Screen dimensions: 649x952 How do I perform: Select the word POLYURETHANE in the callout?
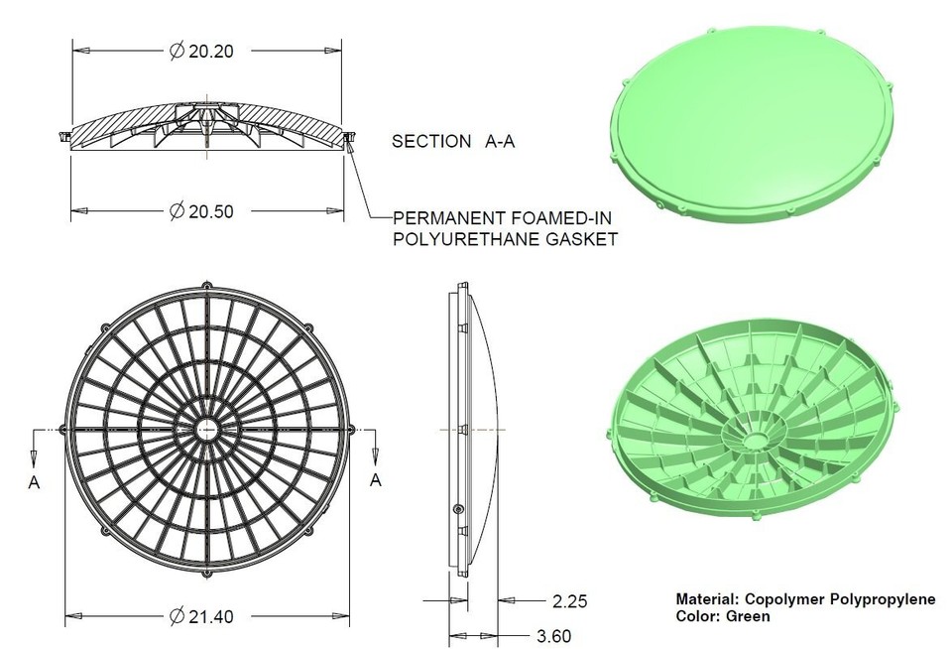coord(451,239)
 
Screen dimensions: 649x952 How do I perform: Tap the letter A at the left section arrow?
coord(35,481)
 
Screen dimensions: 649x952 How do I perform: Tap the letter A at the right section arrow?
coord(375,481)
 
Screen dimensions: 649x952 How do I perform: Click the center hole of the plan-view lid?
coord(207,429)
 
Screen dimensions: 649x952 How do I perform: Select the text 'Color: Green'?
coord(722,616)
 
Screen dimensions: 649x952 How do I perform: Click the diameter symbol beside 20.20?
coord(176,52)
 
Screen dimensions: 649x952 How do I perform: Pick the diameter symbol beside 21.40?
coord(176,616)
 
